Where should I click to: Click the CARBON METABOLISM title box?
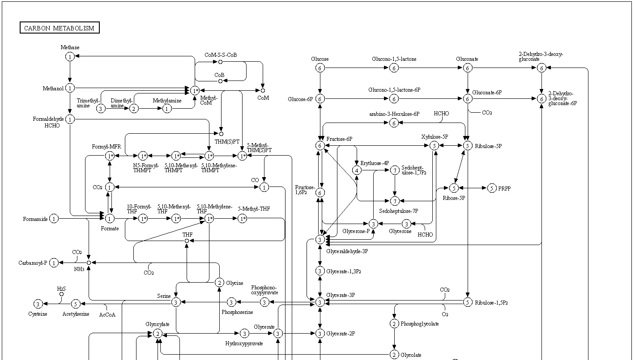60,27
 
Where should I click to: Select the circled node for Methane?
70,57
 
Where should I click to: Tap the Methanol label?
53,89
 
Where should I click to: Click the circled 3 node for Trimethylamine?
101,109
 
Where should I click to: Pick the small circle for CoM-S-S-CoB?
220,62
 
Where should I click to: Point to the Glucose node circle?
320,68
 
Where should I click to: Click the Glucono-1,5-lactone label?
394,59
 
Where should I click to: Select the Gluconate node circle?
468,68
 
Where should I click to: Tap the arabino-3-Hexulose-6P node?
394,123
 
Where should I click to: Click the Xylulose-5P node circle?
434,146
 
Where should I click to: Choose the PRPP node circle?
491,188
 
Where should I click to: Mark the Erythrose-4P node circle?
357,170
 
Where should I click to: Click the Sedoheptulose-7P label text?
398,211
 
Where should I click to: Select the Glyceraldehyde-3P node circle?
320,240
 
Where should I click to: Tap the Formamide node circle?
54,219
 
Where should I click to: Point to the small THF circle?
187,241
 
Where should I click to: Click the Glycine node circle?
219,282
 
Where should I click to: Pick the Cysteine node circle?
38,304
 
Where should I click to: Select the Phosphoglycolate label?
420,324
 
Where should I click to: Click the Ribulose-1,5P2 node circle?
468,302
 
